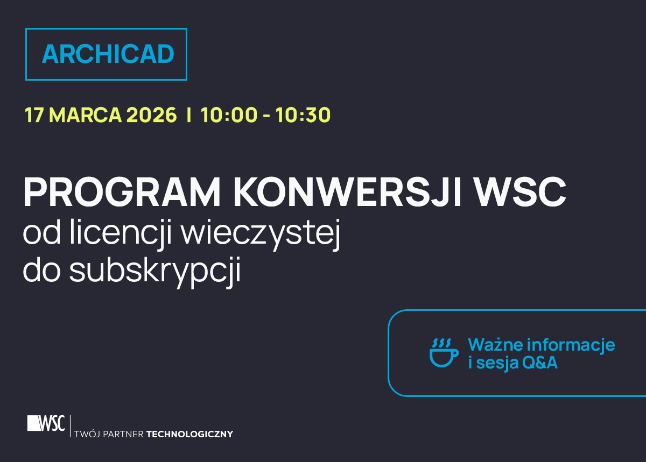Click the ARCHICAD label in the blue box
click(x=108, y=54)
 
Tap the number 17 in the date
click(x=34, y=115)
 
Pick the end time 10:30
click(x=303, y=115)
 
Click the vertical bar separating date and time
click(x=188, y=115)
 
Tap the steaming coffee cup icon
click(x=444, y=353)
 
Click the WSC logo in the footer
click(x=46, y=424)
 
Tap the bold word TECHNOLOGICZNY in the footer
click(x=189, y=434)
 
